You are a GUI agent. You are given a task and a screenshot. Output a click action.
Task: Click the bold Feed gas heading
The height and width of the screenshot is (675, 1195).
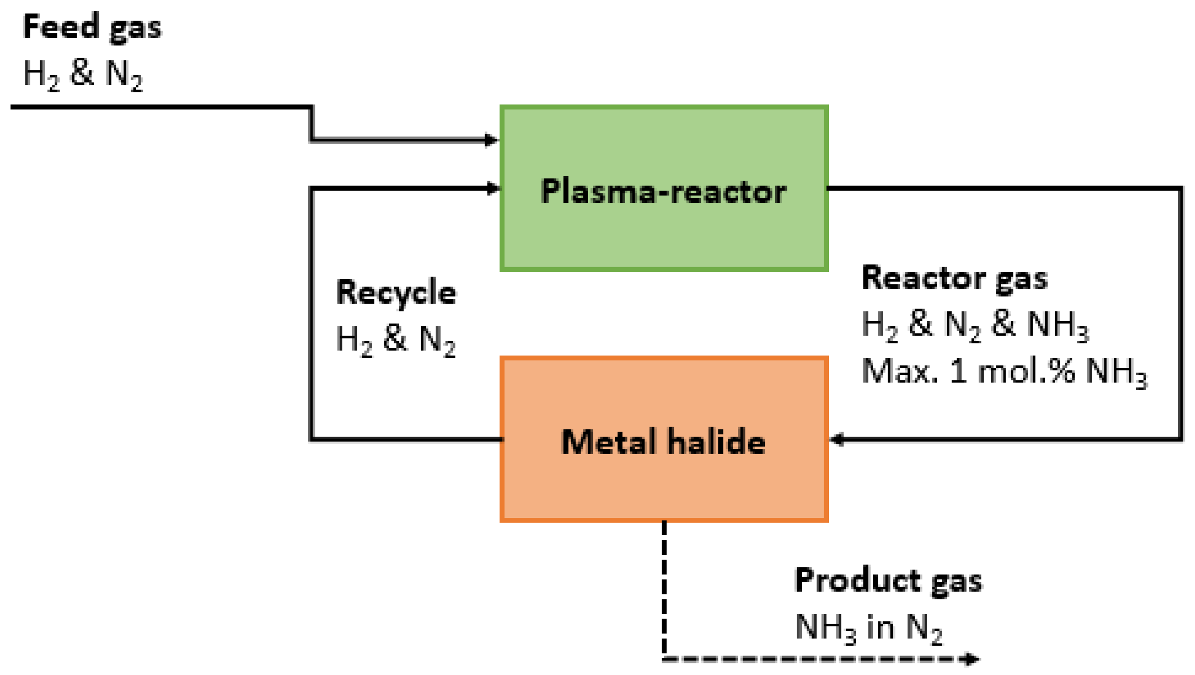(92, 27)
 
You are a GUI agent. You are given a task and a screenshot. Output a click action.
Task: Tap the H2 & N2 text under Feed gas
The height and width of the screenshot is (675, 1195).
(83, 75)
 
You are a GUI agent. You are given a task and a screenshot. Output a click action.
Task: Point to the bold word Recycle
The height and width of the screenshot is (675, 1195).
(396, 293)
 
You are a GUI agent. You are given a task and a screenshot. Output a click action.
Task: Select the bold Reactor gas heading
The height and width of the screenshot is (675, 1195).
(954, 279)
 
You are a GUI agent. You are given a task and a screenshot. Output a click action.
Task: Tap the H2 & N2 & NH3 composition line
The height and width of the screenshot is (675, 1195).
(975, 325)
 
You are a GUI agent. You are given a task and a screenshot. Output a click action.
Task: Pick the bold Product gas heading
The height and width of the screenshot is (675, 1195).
(888, 581)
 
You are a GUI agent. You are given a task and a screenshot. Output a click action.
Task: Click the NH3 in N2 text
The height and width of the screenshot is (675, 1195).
(868, 627)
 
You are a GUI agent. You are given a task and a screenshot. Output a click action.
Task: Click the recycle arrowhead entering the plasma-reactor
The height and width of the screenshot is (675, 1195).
(493, 188)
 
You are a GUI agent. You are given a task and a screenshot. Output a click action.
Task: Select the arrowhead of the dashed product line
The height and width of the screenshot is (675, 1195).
(972, 659)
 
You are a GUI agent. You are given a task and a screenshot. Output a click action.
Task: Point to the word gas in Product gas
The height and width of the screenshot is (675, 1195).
(957, 582)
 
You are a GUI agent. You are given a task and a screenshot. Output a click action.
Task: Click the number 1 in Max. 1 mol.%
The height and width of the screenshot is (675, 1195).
(958, 372)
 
